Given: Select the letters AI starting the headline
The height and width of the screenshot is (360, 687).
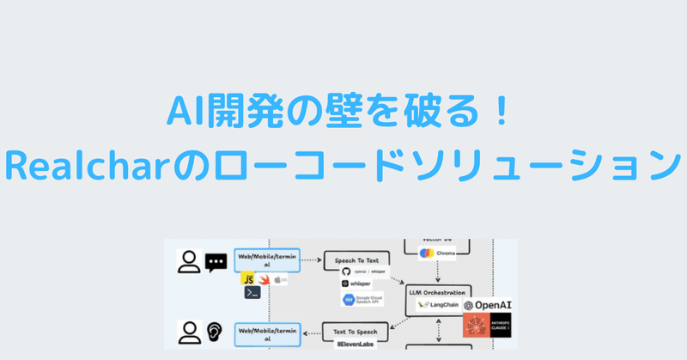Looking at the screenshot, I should pyautogui.click(x=183, y=113).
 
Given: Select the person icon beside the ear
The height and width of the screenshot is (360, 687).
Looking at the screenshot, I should pyautogui.click(x=188, y=331).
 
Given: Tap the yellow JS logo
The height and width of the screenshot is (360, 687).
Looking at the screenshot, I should pyautogui.click(x=247, y=278).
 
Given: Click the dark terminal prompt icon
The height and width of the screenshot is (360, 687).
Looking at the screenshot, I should pyautogui.click(x=252, y=293).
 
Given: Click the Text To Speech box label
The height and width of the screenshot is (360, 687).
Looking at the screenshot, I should pyautogui.click(x=355, y=327).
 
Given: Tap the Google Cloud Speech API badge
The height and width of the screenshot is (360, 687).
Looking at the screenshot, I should pyautogui.click(x=365, y=300).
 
